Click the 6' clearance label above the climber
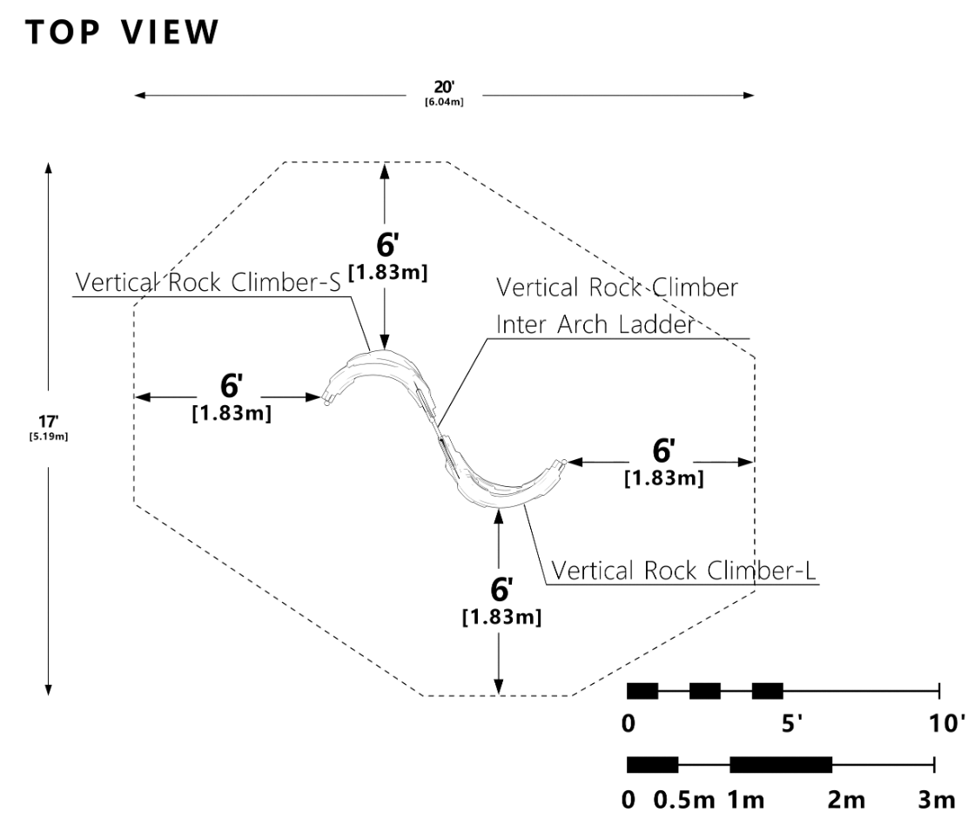383,245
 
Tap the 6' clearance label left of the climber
231,385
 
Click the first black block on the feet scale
642,691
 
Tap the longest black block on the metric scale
781,765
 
